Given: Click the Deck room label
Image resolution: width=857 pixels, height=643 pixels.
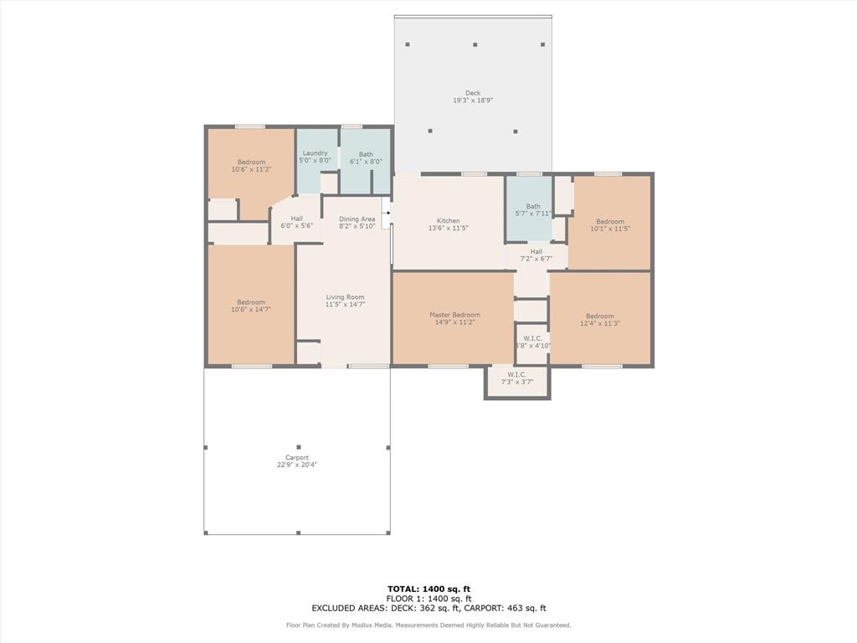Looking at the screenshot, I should point(473,93).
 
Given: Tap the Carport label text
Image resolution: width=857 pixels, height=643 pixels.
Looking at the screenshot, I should point(297,458).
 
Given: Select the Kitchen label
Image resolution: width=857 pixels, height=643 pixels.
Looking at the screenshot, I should point(448,221).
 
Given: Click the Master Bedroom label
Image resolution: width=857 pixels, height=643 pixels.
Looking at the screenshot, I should point(454,315).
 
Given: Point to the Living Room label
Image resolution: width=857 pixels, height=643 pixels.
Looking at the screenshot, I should point(345,297).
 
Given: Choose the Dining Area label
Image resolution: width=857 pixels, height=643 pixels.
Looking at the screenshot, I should point(357,219).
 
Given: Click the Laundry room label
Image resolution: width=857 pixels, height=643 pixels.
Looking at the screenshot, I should point(315,153).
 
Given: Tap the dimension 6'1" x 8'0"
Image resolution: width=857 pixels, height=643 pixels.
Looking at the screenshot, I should point(366,162).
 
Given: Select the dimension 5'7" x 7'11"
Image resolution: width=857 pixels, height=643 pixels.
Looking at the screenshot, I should point(533,213).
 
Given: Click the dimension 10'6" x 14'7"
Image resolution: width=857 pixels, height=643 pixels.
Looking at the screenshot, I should point(250,310).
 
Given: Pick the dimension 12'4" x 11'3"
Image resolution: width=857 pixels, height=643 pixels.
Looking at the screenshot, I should point(599,323).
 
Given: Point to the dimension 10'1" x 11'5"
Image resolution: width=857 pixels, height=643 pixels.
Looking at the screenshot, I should point(609,229).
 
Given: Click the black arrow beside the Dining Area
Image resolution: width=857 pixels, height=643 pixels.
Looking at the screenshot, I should point(387,213).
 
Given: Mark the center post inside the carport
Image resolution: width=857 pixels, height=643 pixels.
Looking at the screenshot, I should point(298,447).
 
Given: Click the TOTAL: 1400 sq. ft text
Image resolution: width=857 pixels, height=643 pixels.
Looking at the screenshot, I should point(428,589).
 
